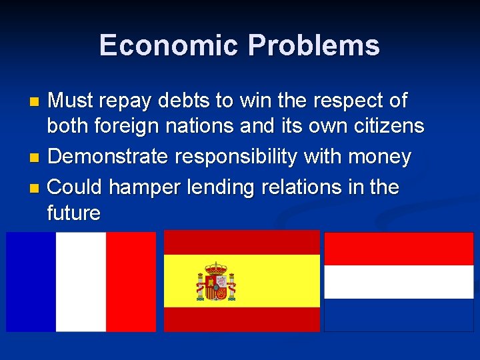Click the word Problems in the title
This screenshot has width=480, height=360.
[313, 45]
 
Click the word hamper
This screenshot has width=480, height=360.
[141, 187]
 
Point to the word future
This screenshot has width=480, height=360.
[73, 213]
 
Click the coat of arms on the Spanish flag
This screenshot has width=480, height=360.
[216, 281]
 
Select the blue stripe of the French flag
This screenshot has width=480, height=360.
[31, 281]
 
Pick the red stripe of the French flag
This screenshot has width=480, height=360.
[131, 281]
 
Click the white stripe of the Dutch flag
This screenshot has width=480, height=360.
[399, 281]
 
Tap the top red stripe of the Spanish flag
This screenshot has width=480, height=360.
[242, 242]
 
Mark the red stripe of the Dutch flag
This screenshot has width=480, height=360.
[399, 248]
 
